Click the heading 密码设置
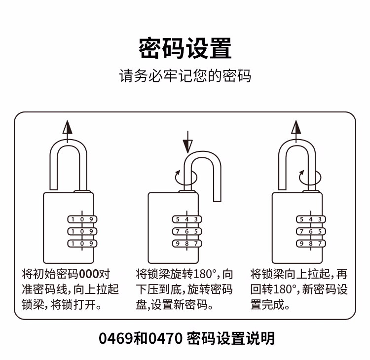[x=185, y=48]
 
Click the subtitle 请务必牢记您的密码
[x=185, y=76]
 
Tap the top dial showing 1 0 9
[x=81, y=219]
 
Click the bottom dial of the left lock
[x=81, y=243]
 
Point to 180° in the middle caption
[x=206, y=274]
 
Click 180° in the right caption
[x=285, y=289]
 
